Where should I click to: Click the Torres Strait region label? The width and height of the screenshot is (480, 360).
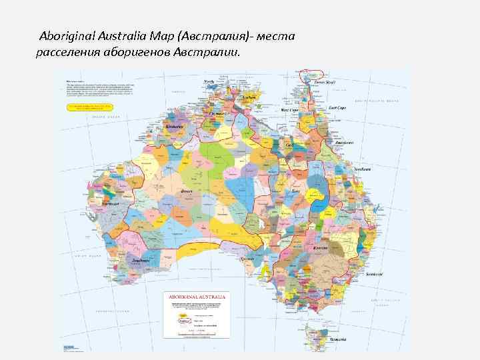coord(325,82)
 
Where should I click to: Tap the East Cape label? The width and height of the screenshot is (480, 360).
coord(337,107)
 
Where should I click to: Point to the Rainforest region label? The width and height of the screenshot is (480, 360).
coord(345,143)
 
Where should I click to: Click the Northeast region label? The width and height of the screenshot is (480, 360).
coord(363,169)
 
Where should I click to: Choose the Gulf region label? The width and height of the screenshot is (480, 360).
coord(289,145)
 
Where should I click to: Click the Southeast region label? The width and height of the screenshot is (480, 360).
coord(373,274)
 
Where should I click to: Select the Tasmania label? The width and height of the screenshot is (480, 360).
coord(337,339)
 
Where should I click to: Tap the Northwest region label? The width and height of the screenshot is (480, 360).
coord(111,203)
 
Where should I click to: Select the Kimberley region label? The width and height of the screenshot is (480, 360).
coord(175,125)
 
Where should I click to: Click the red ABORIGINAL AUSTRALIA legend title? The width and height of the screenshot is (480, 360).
coord(198,296)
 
